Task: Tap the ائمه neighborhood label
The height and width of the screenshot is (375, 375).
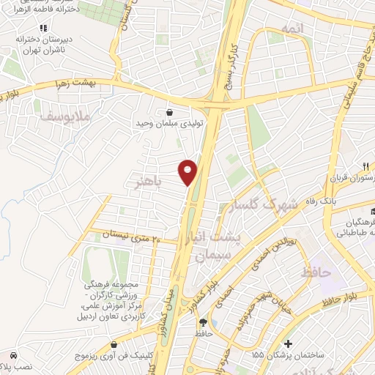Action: click(x=291, y=29)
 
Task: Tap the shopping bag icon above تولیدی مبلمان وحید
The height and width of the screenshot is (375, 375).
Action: click(x=170, y=113)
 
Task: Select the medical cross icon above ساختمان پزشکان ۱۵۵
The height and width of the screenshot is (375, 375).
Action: click(x=291, y=343)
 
